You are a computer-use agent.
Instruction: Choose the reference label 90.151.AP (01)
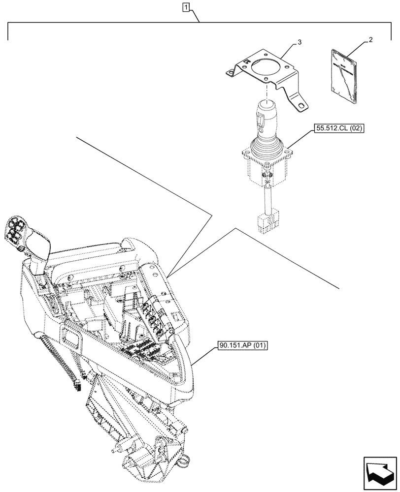coord(241,346)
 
